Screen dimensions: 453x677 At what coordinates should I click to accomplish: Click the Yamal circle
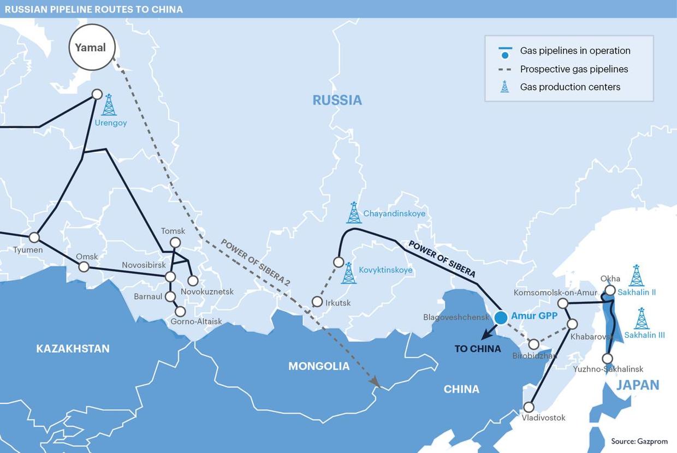click(91, 47)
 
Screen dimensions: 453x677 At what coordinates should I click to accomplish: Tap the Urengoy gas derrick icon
click(109, 105)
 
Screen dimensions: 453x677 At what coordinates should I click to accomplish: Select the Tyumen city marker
click(34, 237)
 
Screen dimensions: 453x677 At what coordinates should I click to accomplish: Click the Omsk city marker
click(84, 266)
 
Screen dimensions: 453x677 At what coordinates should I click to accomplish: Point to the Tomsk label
click(173, 231)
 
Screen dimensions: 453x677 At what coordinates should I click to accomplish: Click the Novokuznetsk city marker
click(193, 281)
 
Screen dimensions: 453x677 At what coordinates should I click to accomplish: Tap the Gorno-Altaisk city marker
click(180, 312)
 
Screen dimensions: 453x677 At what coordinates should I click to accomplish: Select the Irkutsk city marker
click(317, 302)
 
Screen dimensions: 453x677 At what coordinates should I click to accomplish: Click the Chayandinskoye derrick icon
click(354, 213)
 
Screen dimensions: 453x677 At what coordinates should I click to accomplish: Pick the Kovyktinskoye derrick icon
click(349, 273)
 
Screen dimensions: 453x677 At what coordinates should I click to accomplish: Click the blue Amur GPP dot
click(501, 317)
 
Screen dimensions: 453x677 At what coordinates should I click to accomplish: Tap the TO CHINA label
click(478, 349)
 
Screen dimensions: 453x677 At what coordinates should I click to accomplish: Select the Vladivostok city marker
click(528, 407)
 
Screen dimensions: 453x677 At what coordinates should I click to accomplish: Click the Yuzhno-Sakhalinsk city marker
click(607, 359)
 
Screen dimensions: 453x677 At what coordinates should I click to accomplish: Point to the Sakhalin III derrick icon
click(642, 319)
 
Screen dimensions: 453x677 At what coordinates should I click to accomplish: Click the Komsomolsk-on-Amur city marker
click(563, 303)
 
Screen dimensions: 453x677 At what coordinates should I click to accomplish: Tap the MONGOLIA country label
click(319, 366)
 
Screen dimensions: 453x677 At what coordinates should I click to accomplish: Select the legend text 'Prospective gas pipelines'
click(574, 69)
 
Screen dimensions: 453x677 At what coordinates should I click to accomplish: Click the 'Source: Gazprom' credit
click(639, 442)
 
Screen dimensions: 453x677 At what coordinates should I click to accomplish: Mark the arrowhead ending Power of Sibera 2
click(376, 383)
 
